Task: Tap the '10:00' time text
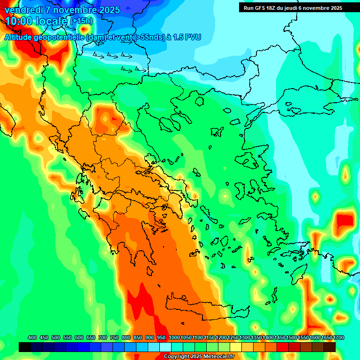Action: (x=21, y=21)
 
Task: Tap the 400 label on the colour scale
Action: (x=32, y=338)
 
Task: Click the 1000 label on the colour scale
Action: (x=174, y=338)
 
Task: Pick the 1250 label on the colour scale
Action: (x=233, y=338)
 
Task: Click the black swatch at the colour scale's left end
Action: (x=25, y=347)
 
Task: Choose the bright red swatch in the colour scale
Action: (x=283, y=347)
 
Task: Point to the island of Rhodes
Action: (x=300, y=274)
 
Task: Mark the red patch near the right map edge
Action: (x=345, y=220)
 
